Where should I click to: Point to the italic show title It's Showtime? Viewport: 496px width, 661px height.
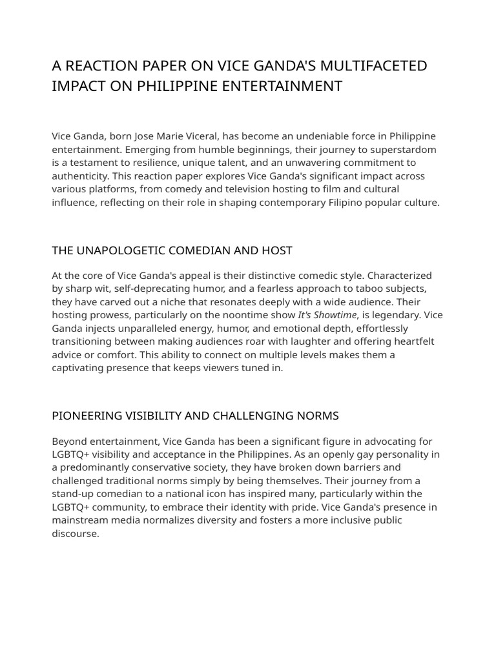(327, 315)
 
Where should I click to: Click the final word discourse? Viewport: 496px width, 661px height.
(75, 534)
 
